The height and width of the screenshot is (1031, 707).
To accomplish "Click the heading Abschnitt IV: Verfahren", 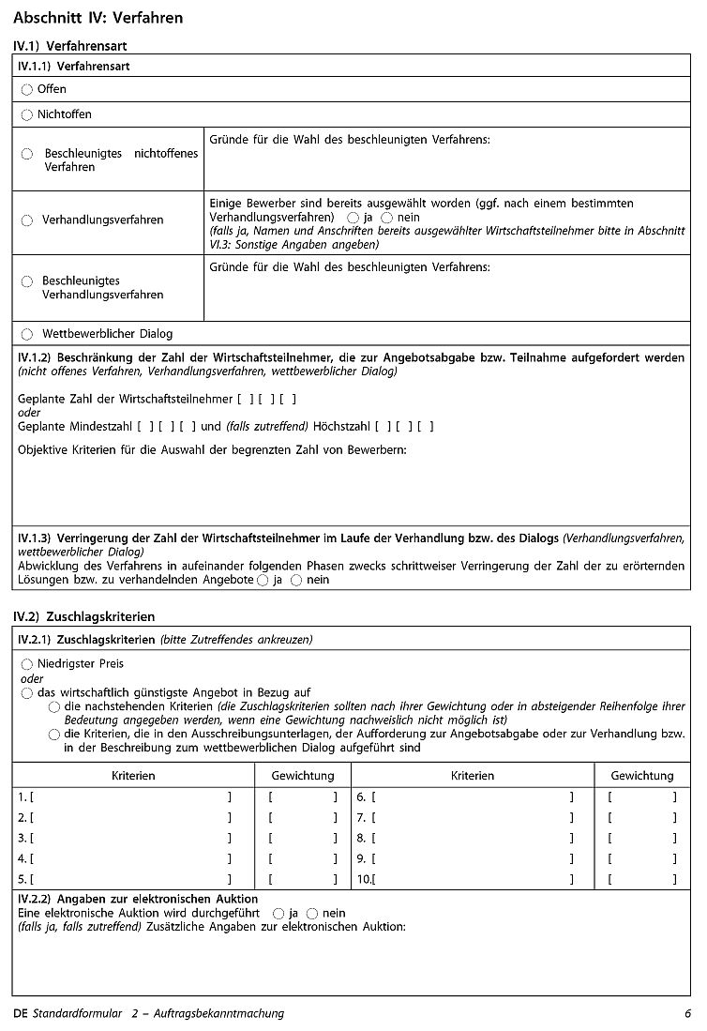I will (98, 18).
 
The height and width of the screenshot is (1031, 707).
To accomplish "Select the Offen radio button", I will (27, 90).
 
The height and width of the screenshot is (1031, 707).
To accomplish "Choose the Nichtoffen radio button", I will (27, 115).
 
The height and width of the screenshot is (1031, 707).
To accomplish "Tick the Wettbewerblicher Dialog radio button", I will (27, 334).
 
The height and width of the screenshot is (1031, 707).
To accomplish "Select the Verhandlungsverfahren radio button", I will (27, 220).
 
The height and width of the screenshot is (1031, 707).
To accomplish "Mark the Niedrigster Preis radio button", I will (27, 664).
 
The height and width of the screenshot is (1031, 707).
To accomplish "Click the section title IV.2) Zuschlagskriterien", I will (83, 616).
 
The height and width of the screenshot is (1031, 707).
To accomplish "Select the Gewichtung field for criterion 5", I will (302, 879).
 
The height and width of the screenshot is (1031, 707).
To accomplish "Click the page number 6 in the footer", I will (687, 1013).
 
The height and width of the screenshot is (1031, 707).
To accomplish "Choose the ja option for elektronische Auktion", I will (278, 913).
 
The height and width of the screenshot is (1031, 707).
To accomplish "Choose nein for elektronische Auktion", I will (312, 913).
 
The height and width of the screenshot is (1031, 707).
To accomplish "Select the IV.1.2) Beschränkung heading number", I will (34, 357).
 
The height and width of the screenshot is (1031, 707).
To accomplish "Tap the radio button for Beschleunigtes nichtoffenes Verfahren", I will (27, 154).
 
